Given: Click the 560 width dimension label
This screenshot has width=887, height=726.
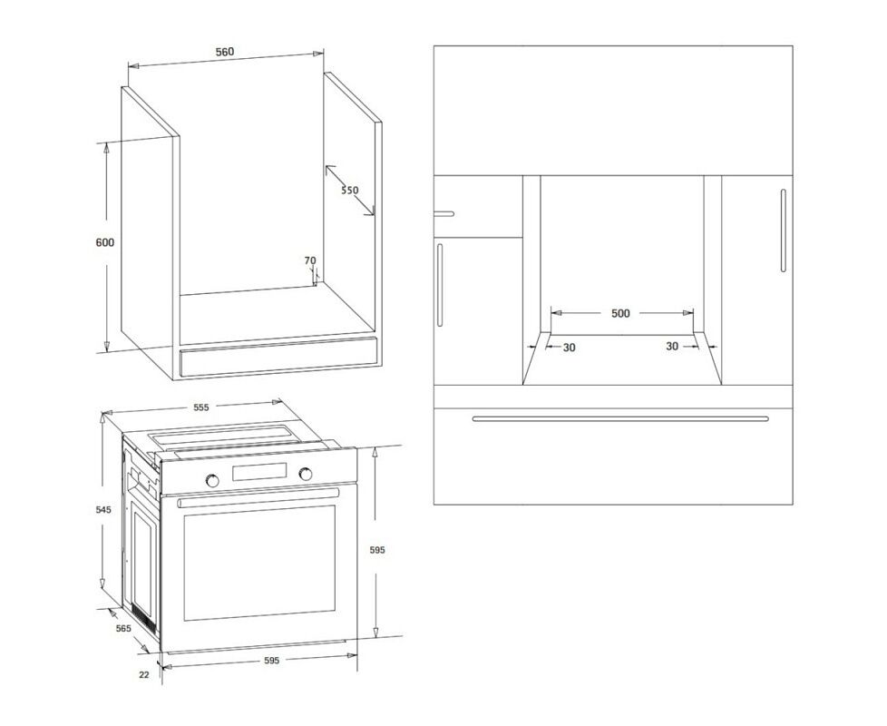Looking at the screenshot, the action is (x=225, y=52).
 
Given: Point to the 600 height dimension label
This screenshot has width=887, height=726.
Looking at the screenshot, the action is (x=104, y=242).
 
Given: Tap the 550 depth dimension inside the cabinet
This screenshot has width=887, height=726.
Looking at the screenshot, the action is (x=349, y=191).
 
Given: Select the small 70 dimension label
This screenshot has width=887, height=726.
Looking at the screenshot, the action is (x=310, y=260).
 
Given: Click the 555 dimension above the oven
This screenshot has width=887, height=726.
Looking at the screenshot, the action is (x=201, y=407).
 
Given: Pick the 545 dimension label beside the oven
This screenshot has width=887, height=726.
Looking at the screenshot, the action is (x=103, y=510).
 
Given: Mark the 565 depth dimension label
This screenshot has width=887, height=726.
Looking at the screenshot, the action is (x=123, y=628).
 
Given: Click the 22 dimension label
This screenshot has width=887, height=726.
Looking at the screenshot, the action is (x=144, y=674).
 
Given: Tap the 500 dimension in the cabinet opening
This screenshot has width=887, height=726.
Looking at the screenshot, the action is (x=620, y=313).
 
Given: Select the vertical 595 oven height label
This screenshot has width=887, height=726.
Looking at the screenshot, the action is (x=376, y=549).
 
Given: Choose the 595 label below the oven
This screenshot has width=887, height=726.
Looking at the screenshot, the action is (x=271, y=661).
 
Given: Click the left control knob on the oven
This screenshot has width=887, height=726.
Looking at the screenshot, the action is (x=212, y=480).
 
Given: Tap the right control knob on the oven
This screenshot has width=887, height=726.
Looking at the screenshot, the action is (x=306, y=474).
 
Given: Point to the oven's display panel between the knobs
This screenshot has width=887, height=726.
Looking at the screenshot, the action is (x=259, y=473).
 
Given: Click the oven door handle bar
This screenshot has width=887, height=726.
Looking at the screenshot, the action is (x=258, y=497).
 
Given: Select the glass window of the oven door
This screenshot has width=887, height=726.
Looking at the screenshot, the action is (x=259, y=563).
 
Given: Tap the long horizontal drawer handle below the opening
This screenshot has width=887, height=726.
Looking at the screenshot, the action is (x=620, y=419).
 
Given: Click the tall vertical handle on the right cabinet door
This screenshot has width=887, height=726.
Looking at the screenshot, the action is (x=784, y=230).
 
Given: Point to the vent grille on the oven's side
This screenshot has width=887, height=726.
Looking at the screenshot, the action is (x=143, y=619).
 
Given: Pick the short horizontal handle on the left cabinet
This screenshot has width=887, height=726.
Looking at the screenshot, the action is (x=444, y=214).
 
